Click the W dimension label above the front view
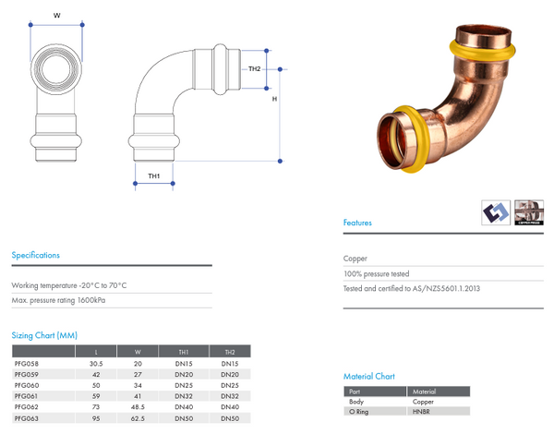pos(56,15)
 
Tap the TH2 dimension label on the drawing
pos(255,68)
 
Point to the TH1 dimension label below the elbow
pos(154,175)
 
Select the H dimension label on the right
pos(274,100)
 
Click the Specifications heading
pos(35,255)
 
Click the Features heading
pos(358,223)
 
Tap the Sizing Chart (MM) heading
pos(44,335)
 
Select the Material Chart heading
pos(369,377)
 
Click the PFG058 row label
pos(27,364)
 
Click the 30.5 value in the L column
pos(95,364)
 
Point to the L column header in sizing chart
pos(95,353)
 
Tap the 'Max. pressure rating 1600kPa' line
pos(65,301)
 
